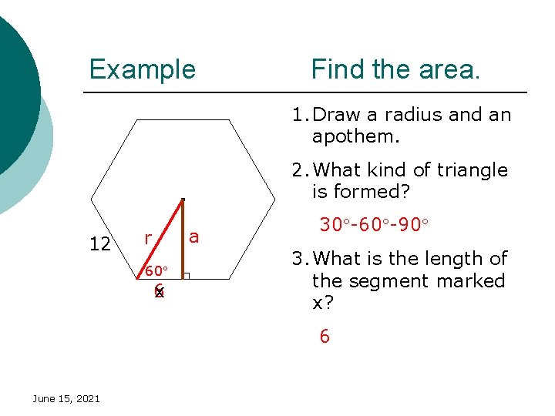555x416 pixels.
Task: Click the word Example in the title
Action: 143,69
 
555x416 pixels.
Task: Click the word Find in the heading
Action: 337,69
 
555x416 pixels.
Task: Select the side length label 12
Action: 100,245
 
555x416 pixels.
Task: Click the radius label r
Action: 148,238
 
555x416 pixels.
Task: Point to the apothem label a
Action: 194,237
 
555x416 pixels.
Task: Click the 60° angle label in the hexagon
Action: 156,271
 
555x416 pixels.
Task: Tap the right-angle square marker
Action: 186,276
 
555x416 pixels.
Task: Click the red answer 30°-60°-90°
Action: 374,225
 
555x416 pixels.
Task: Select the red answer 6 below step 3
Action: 325,337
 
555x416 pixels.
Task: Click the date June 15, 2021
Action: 66,398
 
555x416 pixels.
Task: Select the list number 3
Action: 298,259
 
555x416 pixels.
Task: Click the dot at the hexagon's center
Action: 183,200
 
